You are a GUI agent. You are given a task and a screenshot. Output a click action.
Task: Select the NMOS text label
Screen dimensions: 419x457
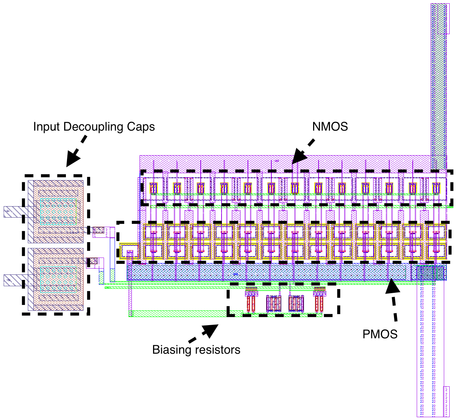(330, 127)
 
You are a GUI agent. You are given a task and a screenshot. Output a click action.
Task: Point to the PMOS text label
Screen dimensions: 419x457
(380, 334)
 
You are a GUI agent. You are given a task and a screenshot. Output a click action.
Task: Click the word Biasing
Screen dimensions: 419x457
(170, 350)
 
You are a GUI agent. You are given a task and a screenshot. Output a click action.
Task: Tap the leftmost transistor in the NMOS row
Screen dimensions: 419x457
(153, 189)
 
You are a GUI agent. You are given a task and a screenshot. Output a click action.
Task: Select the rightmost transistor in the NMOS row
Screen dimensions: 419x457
(436, 189)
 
